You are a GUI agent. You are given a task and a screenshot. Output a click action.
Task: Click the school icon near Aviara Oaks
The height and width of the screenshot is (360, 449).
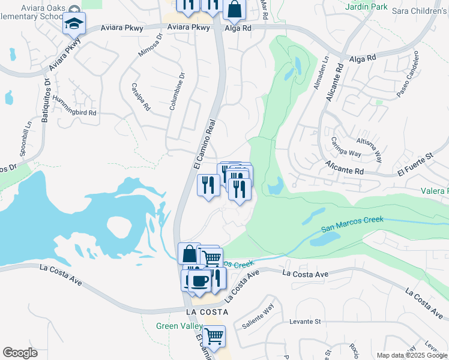coord(75,24)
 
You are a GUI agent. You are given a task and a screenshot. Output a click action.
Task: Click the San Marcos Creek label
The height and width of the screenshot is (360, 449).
coord(352,224)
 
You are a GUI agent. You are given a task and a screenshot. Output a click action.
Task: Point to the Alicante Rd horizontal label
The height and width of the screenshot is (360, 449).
coord(345,167)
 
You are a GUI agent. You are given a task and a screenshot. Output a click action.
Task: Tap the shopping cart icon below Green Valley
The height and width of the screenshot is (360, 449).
coord(213,335)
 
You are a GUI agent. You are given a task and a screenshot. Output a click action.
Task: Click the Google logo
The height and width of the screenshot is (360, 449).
coord(20,353)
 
